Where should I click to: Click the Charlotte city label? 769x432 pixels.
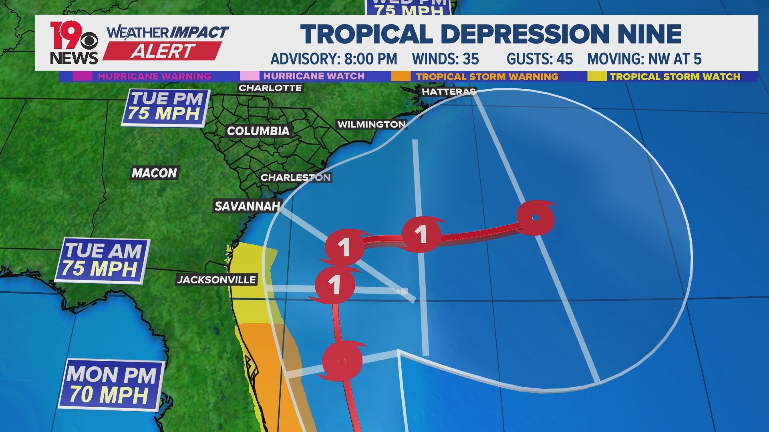tap(270, 88)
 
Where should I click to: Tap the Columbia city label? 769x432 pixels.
tap(258, 131)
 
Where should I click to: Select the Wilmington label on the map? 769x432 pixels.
tap(371, 124)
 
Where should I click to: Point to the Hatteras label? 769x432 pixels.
tap(448, 92)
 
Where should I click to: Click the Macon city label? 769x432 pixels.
tap(154, 173)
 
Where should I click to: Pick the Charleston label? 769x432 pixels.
tap(296, 178)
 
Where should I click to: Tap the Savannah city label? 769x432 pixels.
tap(247, 206)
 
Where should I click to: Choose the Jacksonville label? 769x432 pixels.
tap(216, 280)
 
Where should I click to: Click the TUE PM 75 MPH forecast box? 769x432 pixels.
tap(165, 106)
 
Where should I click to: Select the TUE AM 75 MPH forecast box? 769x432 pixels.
tap(102, 260)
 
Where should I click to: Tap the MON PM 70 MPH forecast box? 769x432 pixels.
tap(111, 385)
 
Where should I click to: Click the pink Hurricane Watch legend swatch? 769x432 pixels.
tap(250, 76)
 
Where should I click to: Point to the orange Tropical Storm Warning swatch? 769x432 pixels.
tap(401, 76)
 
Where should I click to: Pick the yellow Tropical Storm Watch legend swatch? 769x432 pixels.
tap(597, 76)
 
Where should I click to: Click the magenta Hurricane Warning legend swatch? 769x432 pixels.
tap(82, 76)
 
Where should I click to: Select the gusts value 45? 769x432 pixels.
tap(564, 59)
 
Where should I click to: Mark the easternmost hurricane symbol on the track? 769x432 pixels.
tap(535, 218)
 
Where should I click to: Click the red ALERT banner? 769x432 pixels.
tap(163, 51)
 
